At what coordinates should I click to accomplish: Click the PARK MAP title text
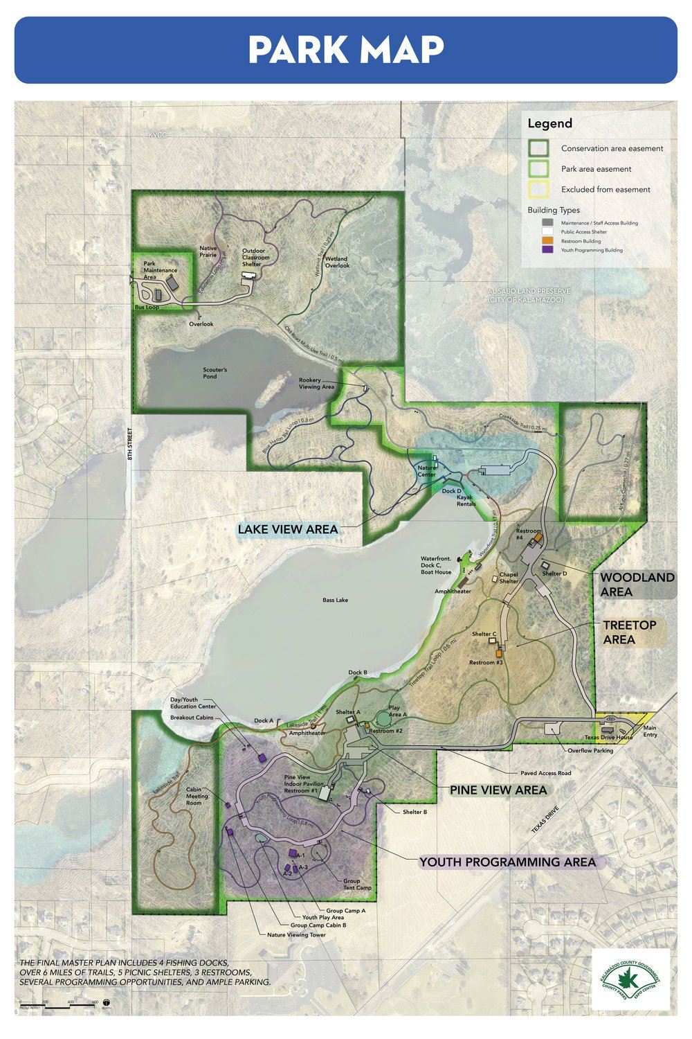pos(346,50)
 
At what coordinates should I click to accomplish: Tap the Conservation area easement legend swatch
pos(538,148)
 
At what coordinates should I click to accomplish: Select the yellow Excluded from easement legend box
pos(538,189)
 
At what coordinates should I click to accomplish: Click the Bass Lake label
pos(336,600)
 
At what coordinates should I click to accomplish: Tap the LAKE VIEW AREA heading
pos(287,529)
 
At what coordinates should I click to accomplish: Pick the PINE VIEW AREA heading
pos(498,790)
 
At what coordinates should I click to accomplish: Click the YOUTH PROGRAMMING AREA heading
pos(507,862)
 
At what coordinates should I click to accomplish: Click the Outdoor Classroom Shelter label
pos(255,257)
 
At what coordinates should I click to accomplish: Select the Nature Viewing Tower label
pos(295,934)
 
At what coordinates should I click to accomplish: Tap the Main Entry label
pos(650,731)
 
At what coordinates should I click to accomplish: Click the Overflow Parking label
pos(590,750)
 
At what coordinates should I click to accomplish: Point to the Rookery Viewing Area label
pos(316,383)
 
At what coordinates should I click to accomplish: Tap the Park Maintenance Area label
pos(160,270)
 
